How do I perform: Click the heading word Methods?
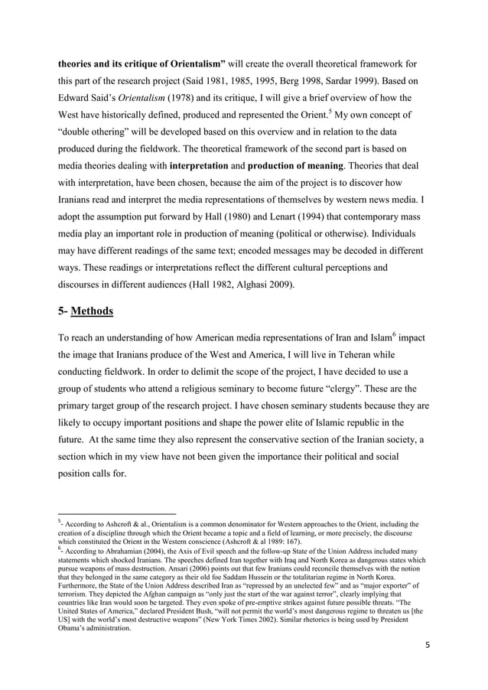[x=93, y=311]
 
